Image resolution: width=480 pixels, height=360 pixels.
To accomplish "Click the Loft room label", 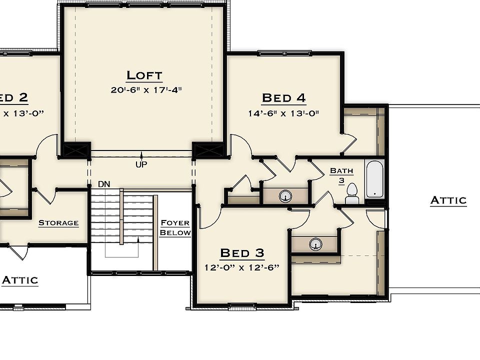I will point(144,75).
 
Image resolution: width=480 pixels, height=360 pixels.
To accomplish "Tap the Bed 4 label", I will point(283,98).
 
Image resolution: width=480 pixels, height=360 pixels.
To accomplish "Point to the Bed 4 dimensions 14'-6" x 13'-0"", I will point(283,113).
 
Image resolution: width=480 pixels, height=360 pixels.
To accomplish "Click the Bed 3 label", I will point(242,253).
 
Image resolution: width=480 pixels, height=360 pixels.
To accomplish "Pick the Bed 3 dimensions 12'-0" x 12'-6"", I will point(242,267).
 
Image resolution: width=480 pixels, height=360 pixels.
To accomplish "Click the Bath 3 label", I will point(341,175).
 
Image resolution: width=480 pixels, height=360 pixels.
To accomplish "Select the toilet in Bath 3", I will point(352,194).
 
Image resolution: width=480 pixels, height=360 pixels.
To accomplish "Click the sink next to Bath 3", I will point(285,195).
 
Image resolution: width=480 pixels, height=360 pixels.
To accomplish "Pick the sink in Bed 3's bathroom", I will point(315,244).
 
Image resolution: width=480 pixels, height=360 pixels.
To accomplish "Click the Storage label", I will point(58,223).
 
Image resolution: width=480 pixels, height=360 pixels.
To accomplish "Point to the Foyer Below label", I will point(175,228).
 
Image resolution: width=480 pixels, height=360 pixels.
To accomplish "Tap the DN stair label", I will point(104,184).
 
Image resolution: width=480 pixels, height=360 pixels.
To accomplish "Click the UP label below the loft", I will point(141,164).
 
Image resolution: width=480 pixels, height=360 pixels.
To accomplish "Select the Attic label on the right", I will point(448,200).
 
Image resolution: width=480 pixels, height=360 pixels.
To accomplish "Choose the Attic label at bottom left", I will point(20,280).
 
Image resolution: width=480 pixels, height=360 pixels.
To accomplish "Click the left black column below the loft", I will point(75,149).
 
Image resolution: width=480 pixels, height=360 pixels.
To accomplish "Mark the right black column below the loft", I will point(208,149).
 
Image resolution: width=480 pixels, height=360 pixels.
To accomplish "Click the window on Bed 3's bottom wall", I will point(242,306).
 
